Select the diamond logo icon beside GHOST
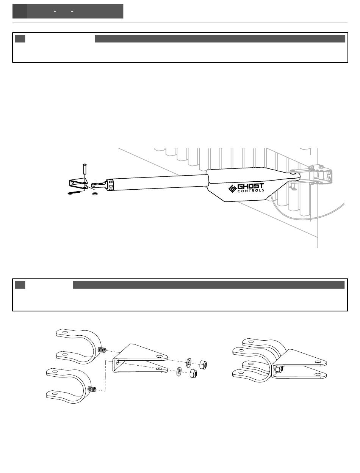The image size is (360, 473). (232, 188)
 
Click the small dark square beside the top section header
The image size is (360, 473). (20, 39)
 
